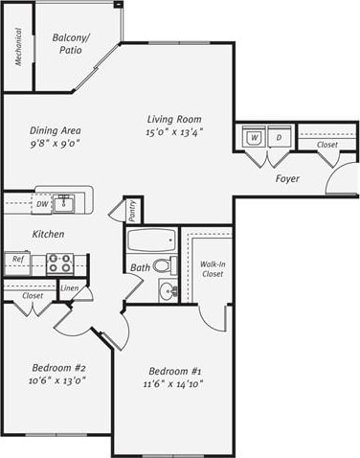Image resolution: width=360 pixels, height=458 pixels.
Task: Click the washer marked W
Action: coord(255,138)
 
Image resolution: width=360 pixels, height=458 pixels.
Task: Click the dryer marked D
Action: coord(279,138)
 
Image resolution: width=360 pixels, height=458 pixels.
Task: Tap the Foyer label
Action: coord(287,179)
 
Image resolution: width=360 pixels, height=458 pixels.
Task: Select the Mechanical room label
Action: coord(18,47)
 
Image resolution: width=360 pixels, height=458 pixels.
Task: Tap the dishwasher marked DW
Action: coord(41,204)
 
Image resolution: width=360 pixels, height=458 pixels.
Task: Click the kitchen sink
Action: coord(65,202)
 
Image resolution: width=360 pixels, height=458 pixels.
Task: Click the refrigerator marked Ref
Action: coord(16,259)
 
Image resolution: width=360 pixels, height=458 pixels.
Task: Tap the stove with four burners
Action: coord(59,262)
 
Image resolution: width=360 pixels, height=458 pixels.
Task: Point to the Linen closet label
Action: coord(69,287)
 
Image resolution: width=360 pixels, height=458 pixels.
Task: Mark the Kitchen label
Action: coord(48,235)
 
